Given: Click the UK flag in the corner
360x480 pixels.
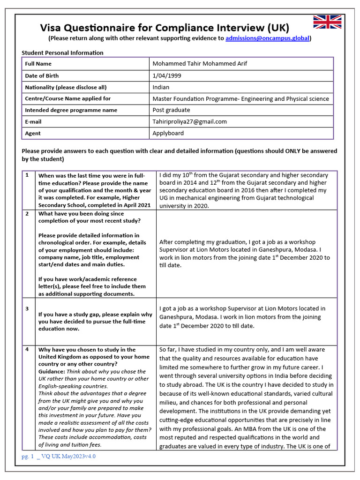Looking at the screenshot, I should [327, 22].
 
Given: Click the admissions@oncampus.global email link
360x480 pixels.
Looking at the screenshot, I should [267, 38].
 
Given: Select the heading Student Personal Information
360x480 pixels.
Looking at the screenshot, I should [62, 52].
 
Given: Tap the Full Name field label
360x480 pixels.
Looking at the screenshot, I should [38, 64].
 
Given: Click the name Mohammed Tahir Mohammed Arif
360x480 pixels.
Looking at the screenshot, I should [200, 64].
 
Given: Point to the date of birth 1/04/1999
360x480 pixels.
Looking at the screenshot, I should [167, 75].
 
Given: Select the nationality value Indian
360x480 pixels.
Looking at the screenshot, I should [161, 87].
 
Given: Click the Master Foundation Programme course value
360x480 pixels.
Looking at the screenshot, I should [240, 98].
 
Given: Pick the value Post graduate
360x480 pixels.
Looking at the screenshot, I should [171, 110].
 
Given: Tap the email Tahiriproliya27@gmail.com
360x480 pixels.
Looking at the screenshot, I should [189, 121].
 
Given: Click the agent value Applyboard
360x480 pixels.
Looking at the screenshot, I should [168, 133].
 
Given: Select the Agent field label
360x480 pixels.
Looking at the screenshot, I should [33, 133].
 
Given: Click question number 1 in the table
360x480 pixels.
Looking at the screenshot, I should [27, 175].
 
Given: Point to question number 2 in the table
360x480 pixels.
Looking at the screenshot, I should [27, 214].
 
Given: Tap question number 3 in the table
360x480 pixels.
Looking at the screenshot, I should [27, 308].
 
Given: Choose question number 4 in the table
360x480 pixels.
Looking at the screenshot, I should [27, 349].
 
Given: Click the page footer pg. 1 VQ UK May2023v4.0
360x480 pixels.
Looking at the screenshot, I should [59, 456].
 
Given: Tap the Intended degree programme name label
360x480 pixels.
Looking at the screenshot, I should [71, 110].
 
